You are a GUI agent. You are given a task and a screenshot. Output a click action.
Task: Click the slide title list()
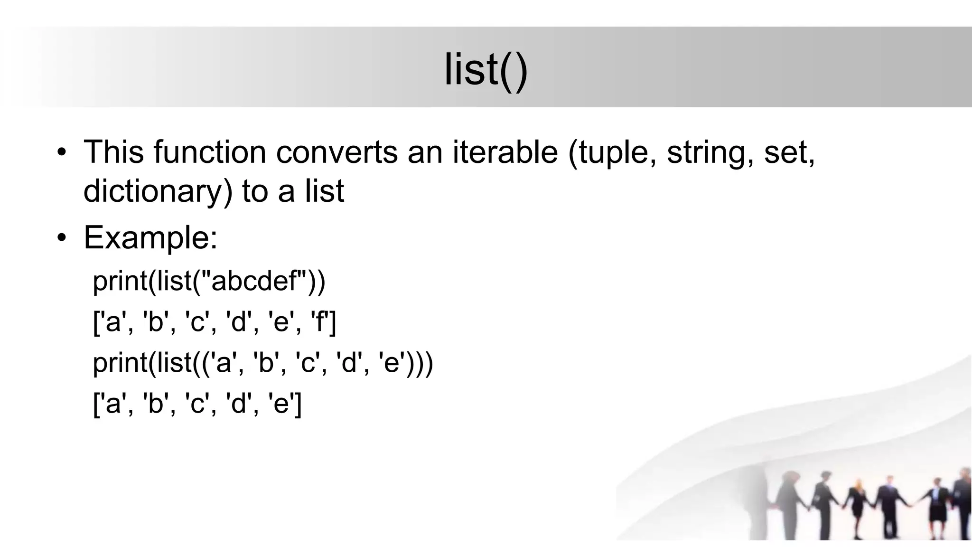pos(486,70)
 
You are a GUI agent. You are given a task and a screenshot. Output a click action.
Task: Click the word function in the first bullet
pos(209,152)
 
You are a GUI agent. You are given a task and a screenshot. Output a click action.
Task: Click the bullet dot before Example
pos(61,238)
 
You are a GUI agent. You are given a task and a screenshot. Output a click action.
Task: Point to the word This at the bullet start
pos(113,152)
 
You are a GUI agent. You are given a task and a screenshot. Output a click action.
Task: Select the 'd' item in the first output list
pos(239,322)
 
